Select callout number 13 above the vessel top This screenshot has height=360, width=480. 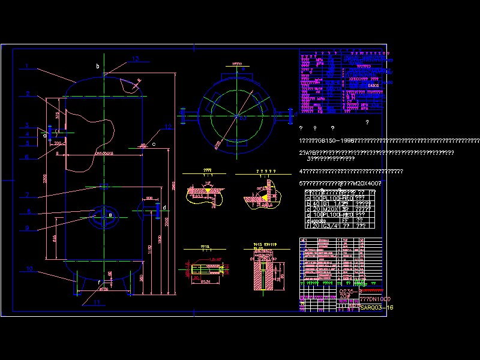135,59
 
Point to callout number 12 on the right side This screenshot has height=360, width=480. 168,127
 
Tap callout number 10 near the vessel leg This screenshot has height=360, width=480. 29,269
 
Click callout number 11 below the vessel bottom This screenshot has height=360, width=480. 97,303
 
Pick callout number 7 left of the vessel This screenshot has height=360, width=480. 27,195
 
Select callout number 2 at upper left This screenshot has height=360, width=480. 28,94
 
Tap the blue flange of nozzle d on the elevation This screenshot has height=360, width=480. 157,209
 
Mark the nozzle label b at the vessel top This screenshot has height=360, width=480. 97,66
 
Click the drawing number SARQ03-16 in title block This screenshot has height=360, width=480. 377,307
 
